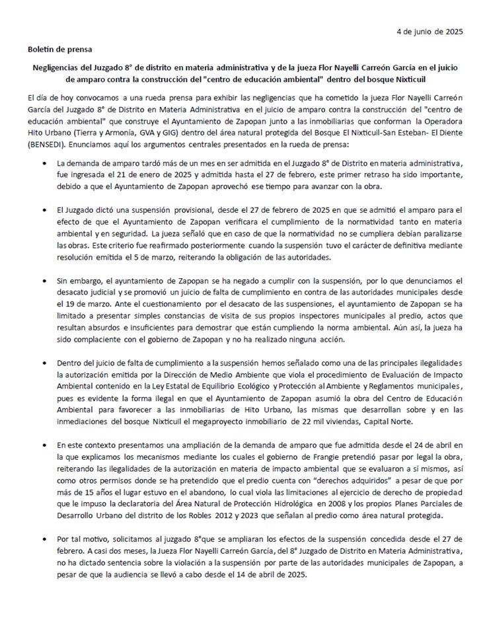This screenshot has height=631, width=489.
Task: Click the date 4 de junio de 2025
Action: coord(430,31)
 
